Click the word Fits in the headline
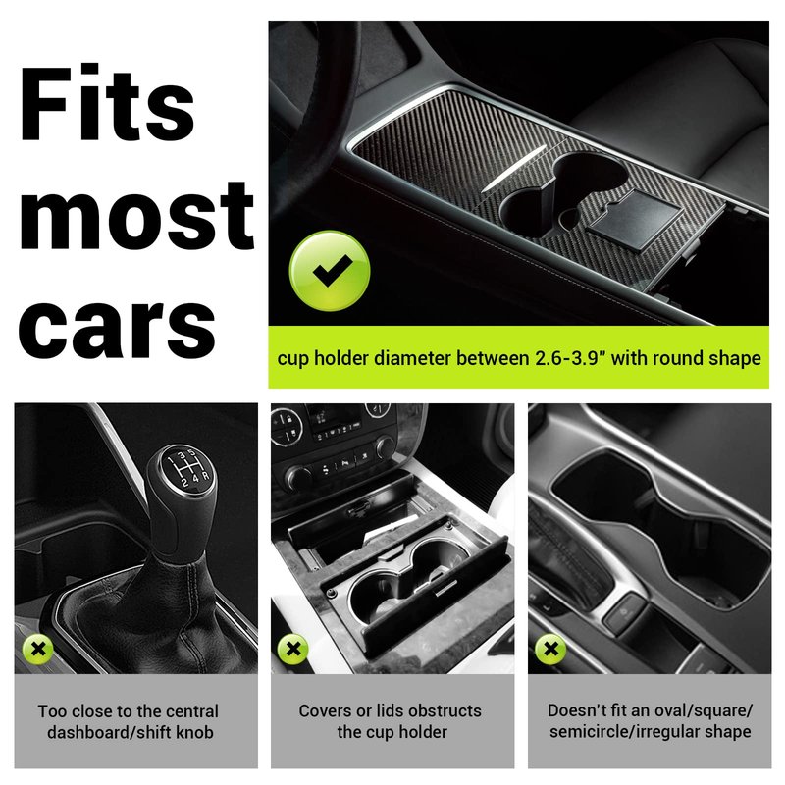107,103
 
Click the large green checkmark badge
330,271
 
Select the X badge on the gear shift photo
38,650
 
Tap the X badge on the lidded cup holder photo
293,649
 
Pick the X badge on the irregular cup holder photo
550,649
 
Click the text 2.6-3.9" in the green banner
571,358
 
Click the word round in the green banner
678,358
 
